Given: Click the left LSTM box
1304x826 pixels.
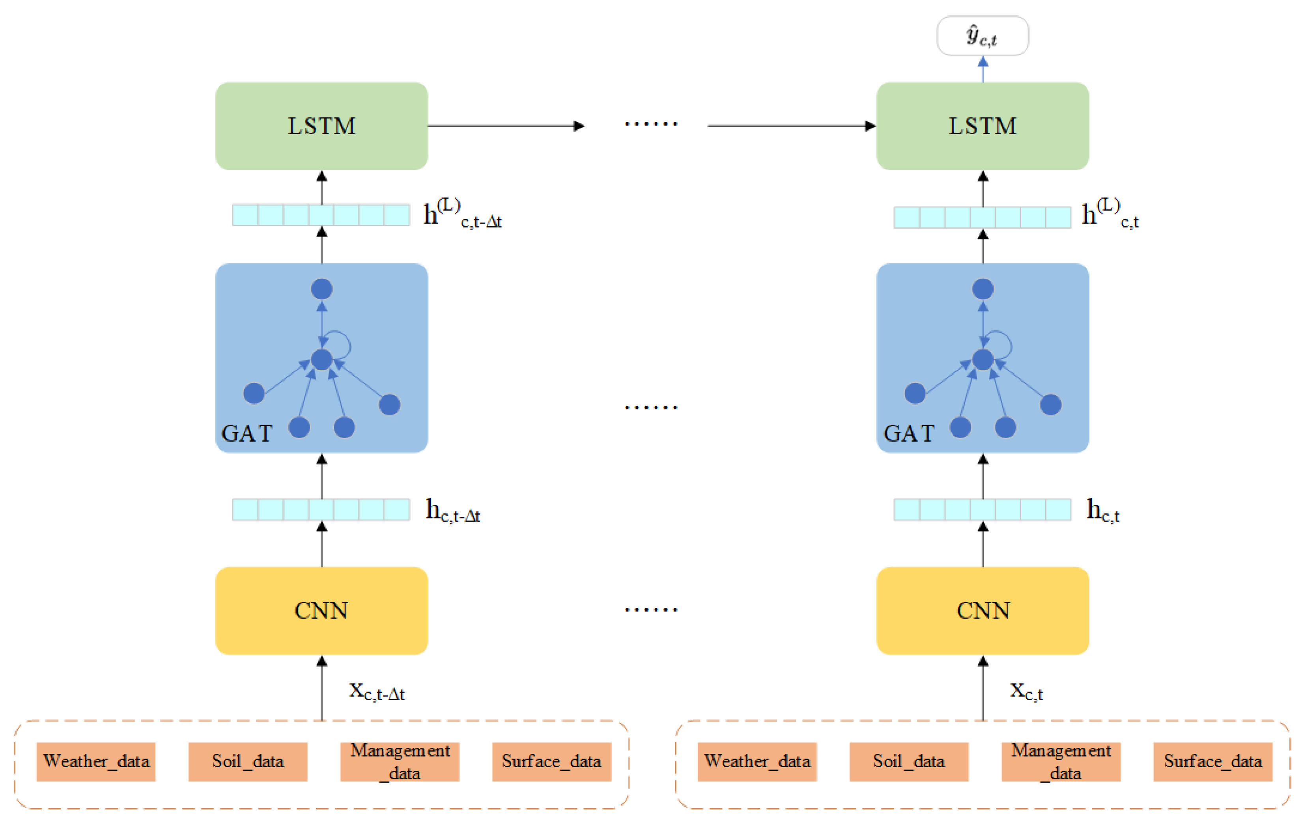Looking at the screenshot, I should (x=322, y=126).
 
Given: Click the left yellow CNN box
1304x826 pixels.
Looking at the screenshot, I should (x=322, y=611).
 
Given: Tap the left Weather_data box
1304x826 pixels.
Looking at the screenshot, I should (x=96, y=762).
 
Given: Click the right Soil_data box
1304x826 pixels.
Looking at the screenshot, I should (x=909, y=762).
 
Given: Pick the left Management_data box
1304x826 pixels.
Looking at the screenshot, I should (x=400, y=762).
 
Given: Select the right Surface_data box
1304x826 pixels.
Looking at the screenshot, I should (x=1212, y=762).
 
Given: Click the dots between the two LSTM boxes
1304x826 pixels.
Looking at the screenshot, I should (x=650, y=124).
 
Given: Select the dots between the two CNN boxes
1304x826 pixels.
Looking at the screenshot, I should (x=650, y=610).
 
